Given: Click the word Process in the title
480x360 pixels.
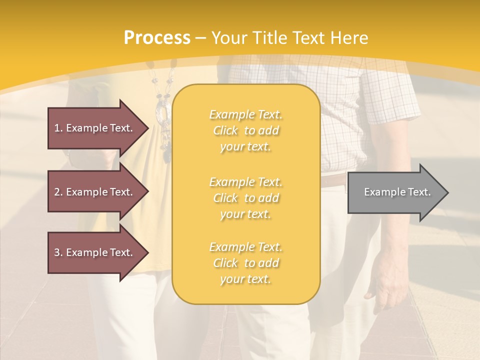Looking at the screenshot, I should pyautogui.click(x=157, y=38).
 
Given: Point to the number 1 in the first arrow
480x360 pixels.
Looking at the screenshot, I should pyautogui.click(x=57, y=128).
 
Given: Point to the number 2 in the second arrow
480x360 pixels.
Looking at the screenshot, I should pyautogui.click(x=57, y=192).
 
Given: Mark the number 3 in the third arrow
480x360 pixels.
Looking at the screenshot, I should pyautogui.click(x=57, y=252).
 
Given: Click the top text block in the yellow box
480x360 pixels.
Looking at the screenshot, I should pyautogui.click(x=245, y=130).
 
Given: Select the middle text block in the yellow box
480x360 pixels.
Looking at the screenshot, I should pyautogui.click(x=245, y=198).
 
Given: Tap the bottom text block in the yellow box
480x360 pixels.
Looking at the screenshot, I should pyautogui.click(x=245, y=263).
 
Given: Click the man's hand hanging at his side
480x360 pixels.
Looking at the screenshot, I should pyautogui.click(x=390, y=275).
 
